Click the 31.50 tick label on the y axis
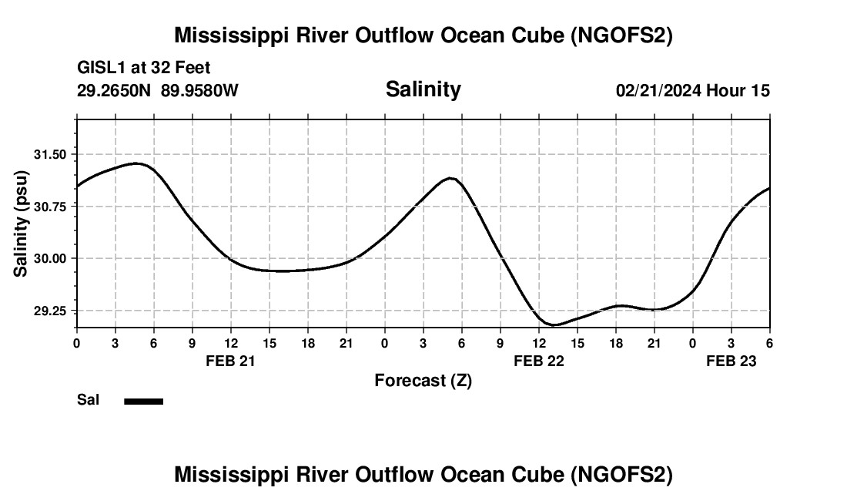click(50, 154)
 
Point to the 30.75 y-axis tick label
click(50, 207)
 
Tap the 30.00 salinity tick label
click(50, 258)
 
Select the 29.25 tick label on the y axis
click(50, 311)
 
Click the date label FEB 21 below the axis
click(230, 360)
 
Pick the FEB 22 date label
click(538, 360)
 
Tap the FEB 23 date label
click(731, 360)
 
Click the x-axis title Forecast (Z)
click(423, 380)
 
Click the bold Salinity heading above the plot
click(423, 89)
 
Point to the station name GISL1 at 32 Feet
click(144, 69)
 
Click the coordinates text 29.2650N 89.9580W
click(158, 91)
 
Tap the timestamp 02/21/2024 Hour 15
click(692, 91)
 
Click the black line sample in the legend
click(144, 401)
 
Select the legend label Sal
click(88, 400)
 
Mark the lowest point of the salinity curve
click(554, 325)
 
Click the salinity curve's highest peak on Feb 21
click(136, 163)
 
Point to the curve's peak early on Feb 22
click(450, 178)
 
